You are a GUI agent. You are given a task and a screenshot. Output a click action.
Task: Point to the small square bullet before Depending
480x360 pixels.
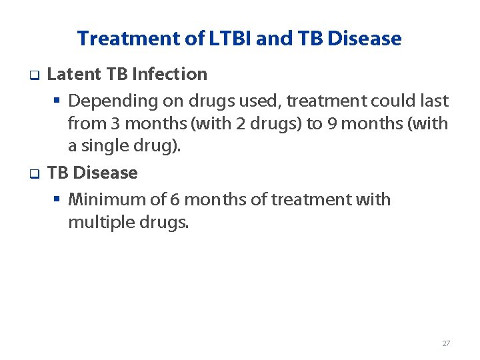57,101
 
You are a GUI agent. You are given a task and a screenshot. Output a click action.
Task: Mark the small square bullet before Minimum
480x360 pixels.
57,200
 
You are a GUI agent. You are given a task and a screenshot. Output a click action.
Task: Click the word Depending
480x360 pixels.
106,101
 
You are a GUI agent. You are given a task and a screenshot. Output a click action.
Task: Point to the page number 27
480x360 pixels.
446,343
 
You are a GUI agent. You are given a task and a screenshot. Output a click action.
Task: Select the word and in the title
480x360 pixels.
269,39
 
